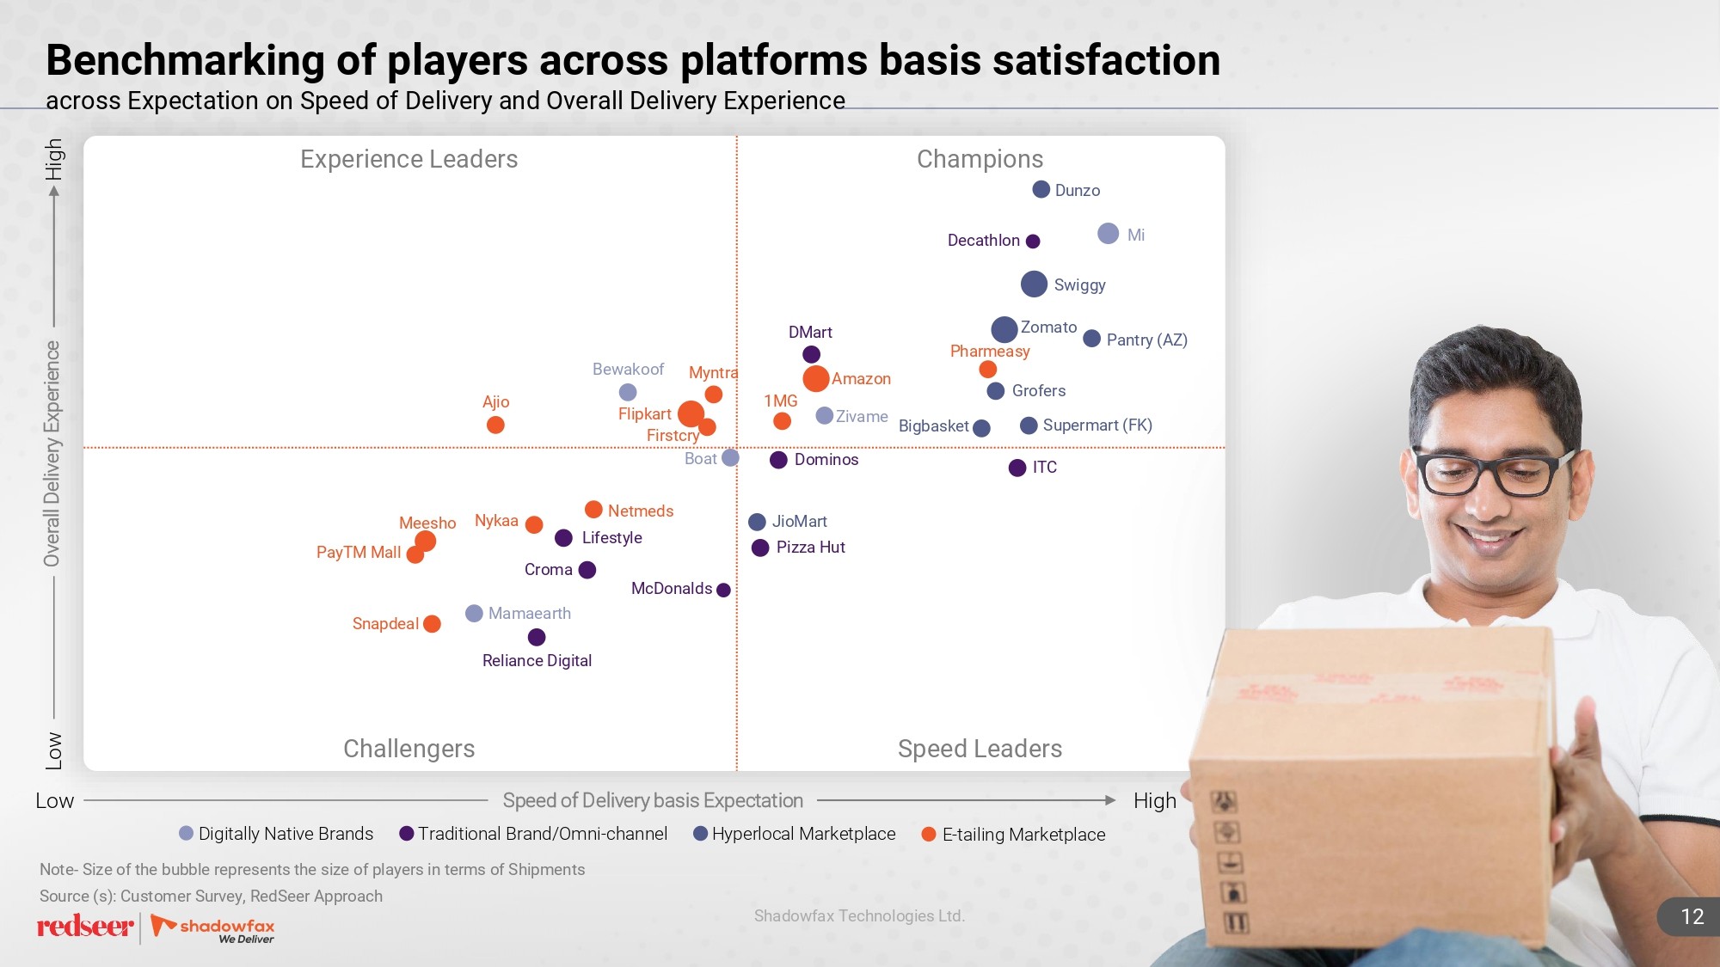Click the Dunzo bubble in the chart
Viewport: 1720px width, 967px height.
click(x=1041, y=189)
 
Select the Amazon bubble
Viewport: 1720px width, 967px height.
click(x=815, y=378)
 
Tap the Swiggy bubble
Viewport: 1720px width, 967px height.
click(x=1034, y=284)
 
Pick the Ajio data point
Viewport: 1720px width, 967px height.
click(x=495, y=425)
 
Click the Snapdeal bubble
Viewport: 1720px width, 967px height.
click(x=432, y=623)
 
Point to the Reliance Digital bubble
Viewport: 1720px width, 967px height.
click(x=537, y=637)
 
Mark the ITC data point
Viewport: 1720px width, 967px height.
click(x=1017, y=468)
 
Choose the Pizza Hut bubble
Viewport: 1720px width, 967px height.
click(x=760, y=548)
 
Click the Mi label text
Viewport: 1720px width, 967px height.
click(x=1136, y=235)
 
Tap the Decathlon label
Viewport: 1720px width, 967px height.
click(x=983, y=241)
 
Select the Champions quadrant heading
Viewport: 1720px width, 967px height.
click(x=980, y=159)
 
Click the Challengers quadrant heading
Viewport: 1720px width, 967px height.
click(x=408, y=749)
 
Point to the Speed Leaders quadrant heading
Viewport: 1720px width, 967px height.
click(x=980, y=749)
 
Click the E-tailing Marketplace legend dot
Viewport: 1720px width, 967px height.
click(x=929, y=834)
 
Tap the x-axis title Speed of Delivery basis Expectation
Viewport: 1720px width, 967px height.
click(x=653, y=800)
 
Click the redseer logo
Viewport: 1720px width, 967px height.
click(x=84, y=927)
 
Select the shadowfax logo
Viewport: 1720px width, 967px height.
click(x=214, y=928)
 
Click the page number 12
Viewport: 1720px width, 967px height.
click(x=1692, y=917)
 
